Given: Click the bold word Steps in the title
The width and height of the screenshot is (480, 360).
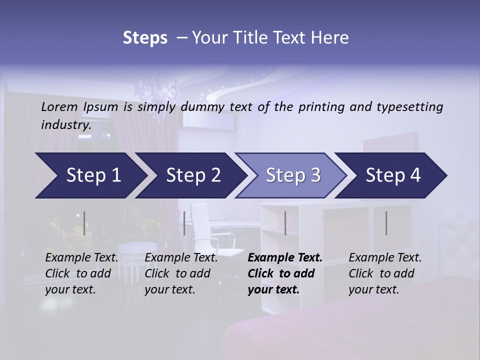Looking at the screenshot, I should point(145,38).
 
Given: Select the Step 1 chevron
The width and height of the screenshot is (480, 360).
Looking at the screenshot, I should point(90,175).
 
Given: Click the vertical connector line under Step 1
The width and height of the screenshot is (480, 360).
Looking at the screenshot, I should point(84,223).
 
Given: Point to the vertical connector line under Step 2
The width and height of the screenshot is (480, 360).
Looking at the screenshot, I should point(184,223).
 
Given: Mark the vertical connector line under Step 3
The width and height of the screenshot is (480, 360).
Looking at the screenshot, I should point(285,223).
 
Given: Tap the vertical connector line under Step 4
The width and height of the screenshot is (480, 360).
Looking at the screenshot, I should point(386,223).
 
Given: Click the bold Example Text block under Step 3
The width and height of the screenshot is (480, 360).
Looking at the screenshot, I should point(285,273).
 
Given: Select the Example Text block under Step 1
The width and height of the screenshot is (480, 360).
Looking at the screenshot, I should point(82,273).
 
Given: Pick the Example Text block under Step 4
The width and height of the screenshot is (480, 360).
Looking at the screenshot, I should point(385,273).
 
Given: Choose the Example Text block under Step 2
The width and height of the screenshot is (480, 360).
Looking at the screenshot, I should point(181,273).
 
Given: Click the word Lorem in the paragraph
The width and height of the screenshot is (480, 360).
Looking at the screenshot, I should point(59,106).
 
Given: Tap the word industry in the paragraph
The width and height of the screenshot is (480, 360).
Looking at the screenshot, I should point(65,125).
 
